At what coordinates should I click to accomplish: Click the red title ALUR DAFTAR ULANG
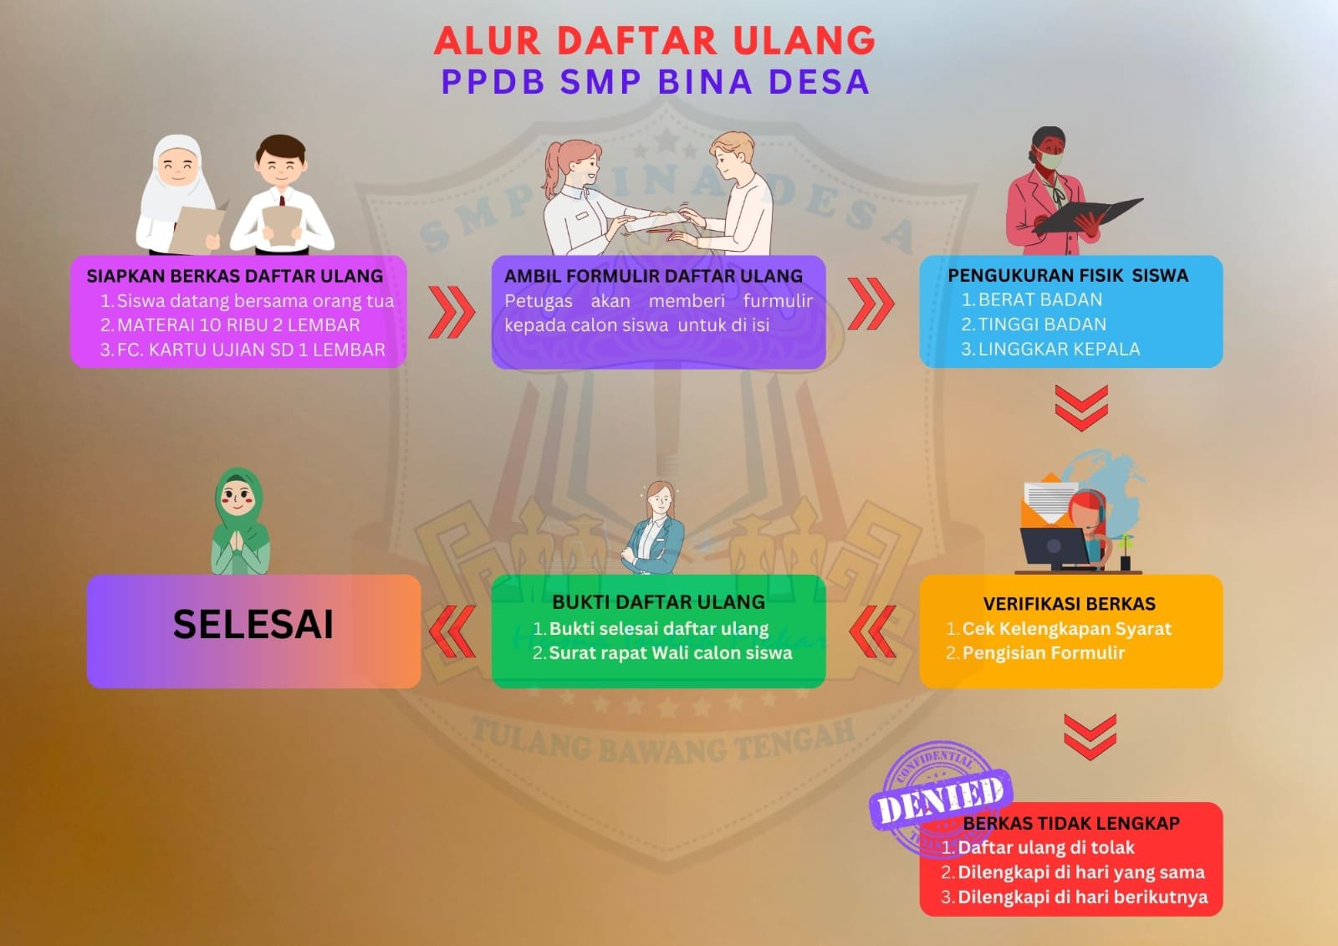[655, 41]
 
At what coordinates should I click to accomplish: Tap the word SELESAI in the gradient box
[253, 625]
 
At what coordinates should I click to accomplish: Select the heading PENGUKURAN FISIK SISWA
[1068, 275]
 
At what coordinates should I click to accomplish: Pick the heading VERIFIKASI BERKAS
[1070, 604]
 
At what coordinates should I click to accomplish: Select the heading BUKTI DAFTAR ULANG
[658, 601]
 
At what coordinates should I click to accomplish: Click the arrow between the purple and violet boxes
[452, 312]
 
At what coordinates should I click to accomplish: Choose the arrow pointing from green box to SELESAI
[452, 632]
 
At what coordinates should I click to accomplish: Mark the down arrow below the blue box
[1081, 407]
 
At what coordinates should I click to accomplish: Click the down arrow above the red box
[1090, 736]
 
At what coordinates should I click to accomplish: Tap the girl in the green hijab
[240, 521]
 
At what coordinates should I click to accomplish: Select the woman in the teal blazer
[653, 529]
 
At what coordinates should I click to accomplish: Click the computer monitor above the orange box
[1055, 548]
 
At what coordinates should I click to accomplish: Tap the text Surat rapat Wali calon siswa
[670, 652]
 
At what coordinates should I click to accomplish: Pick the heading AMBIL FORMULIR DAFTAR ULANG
[653, 276]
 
